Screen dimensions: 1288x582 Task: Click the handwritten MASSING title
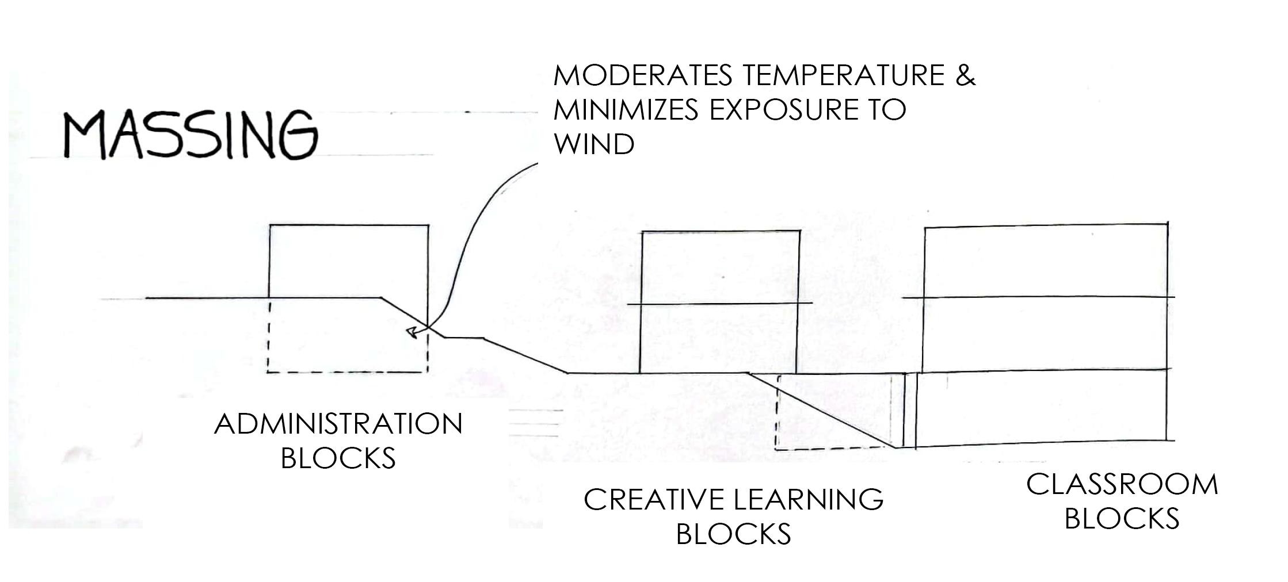[190, 135]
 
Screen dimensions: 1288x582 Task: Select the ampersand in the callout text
[966, 75]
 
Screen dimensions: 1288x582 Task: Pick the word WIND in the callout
[593, 144]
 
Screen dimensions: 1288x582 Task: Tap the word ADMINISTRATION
[338, 424]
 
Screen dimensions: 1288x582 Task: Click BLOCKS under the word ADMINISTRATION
[338, 458]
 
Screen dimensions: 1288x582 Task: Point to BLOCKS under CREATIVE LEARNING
[733, 534]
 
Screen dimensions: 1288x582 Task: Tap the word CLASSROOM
[1122, 484]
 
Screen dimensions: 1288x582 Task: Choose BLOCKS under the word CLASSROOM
[1122, 518]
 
